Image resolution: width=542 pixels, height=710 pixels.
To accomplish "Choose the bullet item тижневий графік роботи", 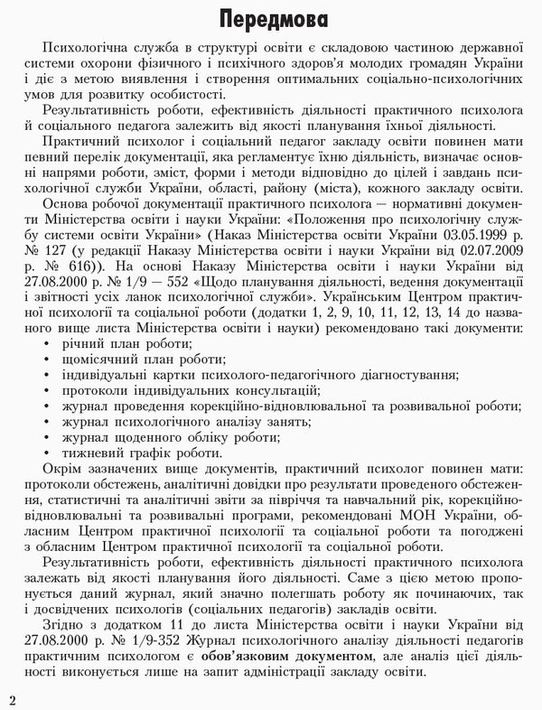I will pos(140,454).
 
